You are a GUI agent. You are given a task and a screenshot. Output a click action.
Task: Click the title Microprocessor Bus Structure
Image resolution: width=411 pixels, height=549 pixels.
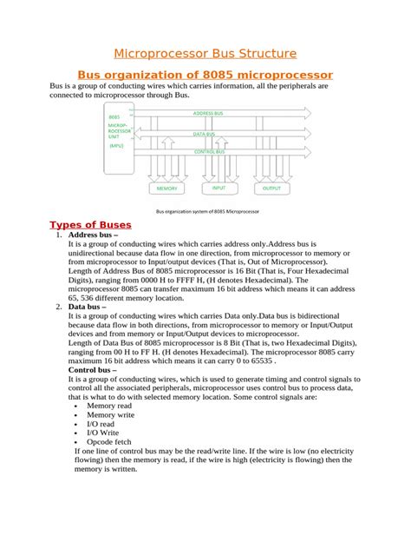point(205,54)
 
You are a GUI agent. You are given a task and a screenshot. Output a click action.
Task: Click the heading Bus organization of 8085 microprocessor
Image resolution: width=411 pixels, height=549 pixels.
point(205,76)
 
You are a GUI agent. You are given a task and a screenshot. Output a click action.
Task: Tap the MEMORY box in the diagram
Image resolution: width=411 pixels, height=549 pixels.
point(166,188)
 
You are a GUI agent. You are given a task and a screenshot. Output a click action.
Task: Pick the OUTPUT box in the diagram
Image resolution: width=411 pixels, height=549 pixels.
point(271,188)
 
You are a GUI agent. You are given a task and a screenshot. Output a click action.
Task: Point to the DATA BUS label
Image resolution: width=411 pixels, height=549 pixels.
point(205,134)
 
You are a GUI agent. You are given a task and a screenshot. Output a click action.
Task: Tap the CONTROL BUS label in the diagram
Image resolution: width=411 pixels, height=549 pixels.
point(211,151)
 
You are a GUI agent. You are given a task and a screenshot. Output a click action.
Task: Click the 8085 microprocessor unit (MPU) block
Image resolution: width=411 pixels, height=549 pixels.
point(118,131)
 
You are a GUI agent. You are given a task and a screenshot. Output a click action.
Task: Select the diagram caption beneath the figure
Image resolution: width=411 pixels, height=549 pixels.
point(207,211)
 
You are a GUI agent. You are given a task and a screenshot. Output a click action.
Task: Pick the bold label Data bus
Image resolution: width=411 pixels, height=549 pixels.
point(87,307)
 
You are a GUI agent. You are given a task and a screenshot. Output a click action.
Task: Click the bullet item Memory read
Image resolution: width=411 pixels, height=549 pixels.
point(111,406)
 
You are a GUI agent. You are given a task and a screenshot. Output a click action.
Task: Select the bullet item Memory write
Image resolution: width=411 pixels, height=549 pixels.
point(112,415)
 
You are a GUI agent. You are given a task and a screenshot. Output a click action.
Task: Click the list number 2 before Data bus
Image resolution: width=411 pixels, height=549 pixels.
point(58,307)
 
